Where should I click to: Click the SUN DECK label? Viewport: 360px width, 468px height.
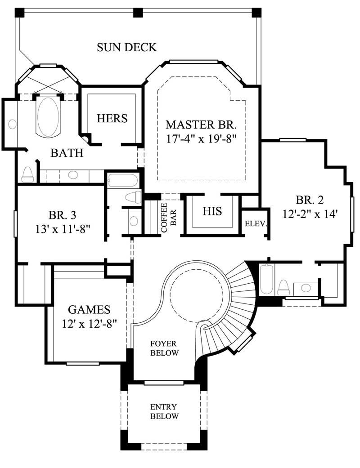[127, 47]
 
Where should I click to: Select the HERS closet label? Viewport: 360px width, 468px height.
[112, 118]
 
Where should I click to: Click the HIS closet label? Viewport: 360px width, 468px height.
[212, 211]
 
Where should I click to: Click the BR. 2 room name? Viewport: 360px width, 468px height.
[310, 200]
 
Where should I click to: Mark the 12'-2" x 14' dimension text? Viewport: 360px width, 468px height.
[310, 214]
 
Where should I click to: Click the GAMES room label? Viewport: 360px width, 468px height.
[89, 309]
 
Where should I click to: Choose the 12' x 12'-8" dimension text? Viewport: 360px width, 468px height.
[89, 323]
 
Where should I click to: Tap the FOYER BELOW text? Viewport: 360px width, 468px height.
[164, 348]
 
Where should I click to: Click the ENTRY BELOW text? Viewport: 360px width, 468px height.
[164, 411]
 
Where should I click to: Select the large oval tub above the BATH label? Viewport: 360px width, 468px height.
[48, 116]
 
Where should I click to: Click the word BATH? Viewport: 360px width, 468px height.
[67, 153]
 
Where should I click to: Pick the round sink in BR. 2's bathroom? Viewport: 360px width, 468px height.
[306, 287]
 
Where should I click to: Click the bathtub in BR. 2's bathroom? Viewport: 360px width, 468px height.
[266, 280]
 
